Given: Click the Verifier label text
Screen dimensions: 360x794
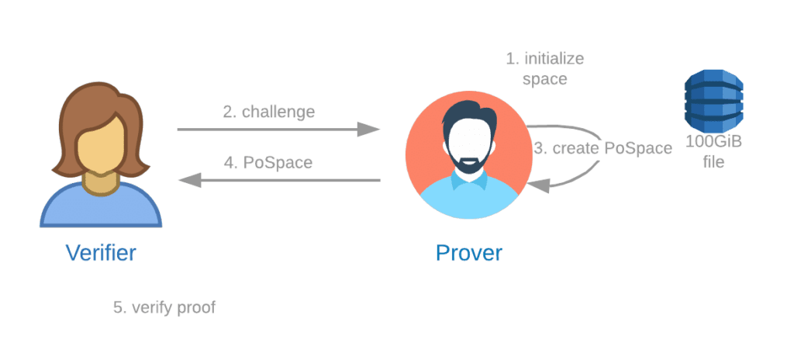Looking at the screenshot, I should coord(102,252).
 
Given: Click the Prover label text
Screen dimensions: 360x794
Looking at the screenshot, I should coord(468,252).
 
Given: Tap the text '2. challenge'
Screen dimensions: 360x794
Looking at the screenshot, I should coord(269,112).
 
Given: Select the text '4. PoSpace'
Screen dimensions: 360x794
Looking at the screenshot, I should coord(268,164).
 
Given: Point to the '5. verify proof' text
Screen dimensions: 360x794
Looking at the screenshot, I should coord(164,307).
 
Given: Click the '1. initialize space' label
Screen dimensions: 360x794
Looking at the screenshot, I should coord(544,68).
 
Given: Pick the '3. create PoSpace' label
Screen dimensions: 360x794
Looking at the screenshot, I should coord(603,149).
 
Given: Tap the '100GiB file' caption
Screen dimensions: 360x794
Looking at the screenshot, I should coord(713,153).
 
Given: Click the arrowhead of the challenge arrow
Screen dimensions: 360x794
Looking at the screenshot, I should coord(371,130).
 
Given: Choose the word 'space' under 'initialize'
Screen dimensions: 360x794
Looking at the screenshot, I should coord(544,78).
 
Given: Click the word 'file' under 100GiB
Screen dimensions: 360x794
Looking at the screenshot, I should coord(713,163).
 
